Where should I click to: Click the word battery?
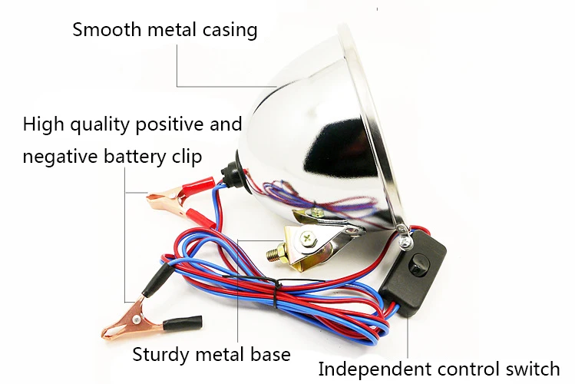point(134,157)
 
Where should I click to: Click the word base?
point(271,355)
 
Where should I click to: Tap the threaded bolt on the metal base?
point(274,251)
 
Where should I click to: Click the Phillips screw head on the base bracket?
point(307,240)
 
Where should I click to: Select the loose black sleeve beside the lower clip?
point(182,323)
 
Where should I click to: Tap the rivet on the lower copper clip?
point(137,319)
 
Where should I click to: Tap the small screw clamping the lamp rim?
point(405,243)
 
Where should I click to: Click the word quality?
point(100,125)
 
